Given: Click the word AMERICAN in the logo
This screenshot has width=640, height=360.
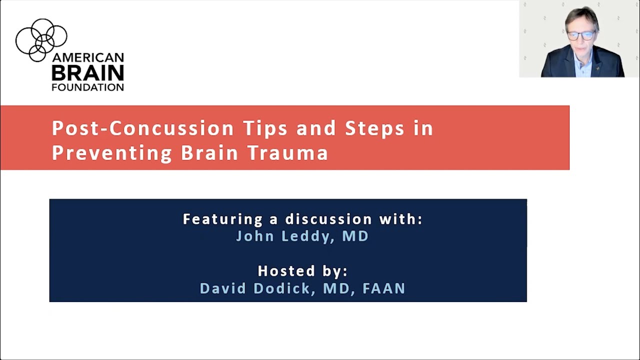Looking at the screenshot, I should coord(87,57).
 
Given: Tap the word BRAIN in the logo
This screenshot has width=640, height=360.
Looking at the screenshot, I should coord(87,73).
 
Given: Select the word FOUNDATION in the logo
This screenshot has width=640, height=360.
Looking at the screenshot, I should coord(87,87).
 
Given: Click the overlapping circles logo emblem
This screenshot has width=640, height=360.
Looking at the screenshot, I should coord(41,39).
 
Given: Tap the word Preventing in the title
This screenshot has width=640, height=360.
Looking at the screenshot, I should coord(112,153).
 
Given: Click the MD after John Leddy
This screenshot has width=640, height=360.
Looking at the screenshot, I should coord(355,236).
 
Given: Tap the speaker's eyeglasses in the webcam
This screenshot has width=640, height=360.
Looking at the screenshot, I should coord(581,35).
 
